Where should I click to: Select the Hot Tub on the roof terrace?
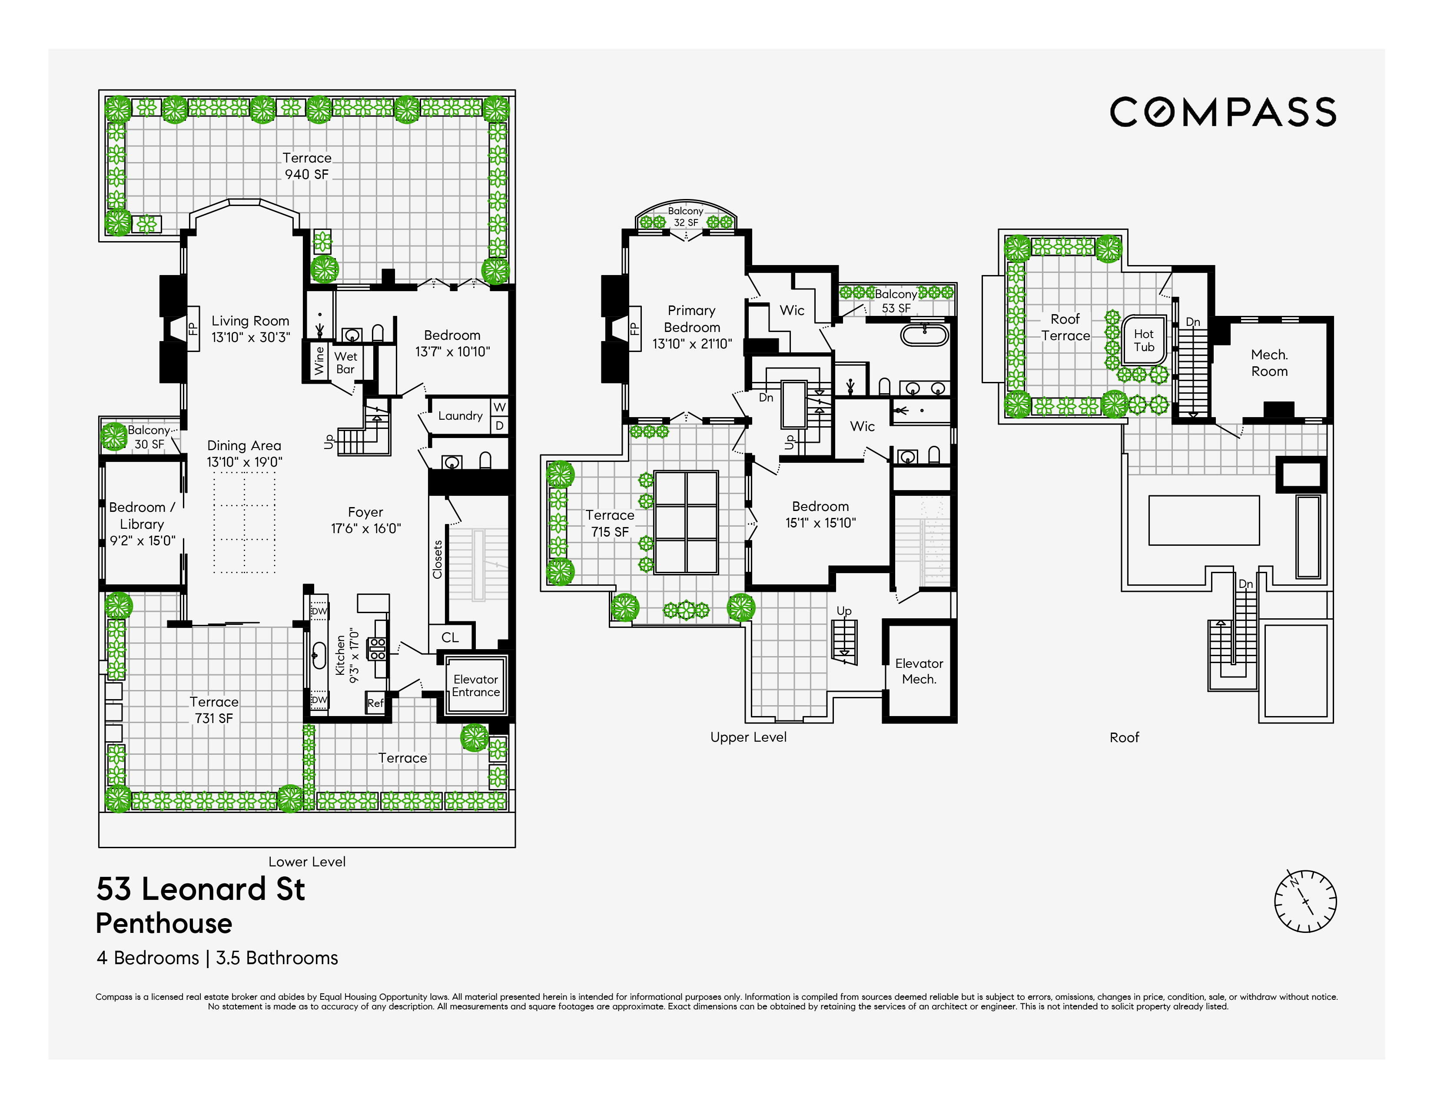coord(1144,341)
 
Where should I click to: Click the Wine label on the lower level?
coord(319,360)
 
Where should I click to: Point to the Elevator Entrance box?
coord(475,686)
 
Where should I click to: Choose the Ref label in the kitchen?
coord(375,703)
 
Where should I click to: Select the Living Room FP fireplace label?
coord(193,328)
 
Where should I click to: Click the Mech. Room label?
coord(1269,363)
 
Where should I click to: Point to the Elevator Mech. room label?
coord(919,671)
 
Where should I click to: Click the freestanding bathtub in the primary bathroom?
coord(924,335)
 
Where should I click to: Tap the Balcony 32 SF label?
coord(685,217)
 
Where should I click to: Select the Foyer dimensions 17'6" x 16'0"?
coord(366,528)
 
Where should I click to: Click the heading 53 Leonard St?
coord(200,889)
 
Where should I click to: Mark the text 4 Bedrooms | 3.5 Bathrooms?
coord(217,959)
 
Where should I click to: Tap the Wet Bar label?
coord(346,362)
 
